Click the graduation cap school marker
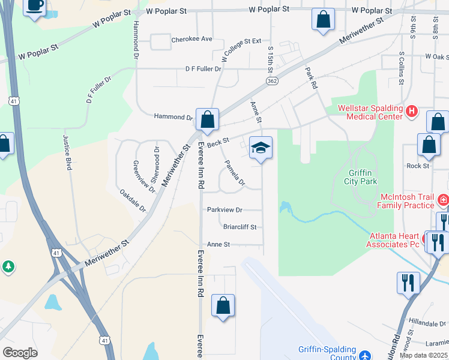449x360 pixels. (261, 148)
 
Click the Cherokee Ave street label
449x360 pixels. (192, 40)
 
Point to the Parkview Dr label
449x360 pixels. (224, 210)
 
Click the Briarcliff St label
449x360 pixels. (240, 227)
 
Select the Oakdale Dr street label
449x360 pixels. (133, 201)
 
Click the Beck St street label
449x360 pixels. (218, 142)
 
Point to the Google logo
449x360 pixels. (20, 353)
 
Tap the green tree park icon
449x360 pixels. (8, 266)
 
